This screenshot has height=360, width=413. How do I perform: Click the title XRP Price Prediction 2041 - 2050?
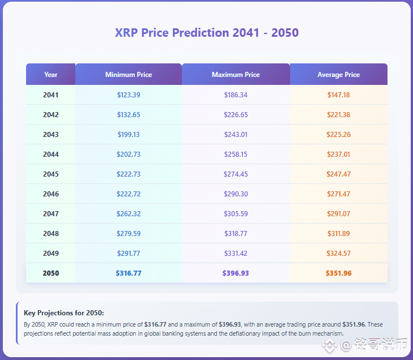206,33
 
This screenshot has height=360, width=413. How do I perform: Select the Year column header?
51,75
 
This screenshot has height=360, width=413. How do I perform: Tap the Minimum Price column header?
129,75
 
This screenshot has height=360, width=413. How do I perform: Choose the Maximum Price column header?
236,75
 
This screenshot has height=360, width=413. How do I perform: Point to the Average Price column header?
338,75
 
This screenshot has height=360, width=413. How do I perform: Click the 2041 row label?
50,95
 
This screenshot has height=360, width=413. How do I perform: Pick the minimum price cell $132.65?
129,115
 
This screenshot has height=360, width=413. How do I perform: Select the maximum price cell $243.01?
236,135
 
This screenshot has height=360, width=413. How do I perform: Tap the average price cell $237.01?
338,154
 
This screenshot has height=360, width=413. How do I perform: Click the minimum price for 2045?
129,174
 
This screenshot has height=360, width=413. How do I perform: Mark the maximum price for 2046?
236,194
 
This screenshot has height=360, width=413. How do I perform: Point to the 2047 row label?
51,214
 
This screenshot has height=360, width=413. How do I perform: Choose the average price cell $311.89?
338,233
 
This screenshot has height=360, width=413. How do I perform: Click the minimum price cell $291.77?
129,253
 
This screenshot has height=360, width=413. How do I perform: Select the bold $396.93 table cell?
236,273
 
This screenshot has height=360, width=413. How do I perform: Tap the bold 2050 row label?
51,273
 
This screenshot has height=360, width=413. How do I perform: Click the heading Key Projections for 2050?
64,313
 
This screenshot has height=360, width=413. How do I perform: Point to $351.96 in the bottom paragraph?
354,324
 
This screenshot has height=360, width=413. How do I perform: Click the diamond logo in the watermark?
330,345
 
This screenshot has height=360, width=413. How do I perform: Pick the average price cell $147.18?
338,95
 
